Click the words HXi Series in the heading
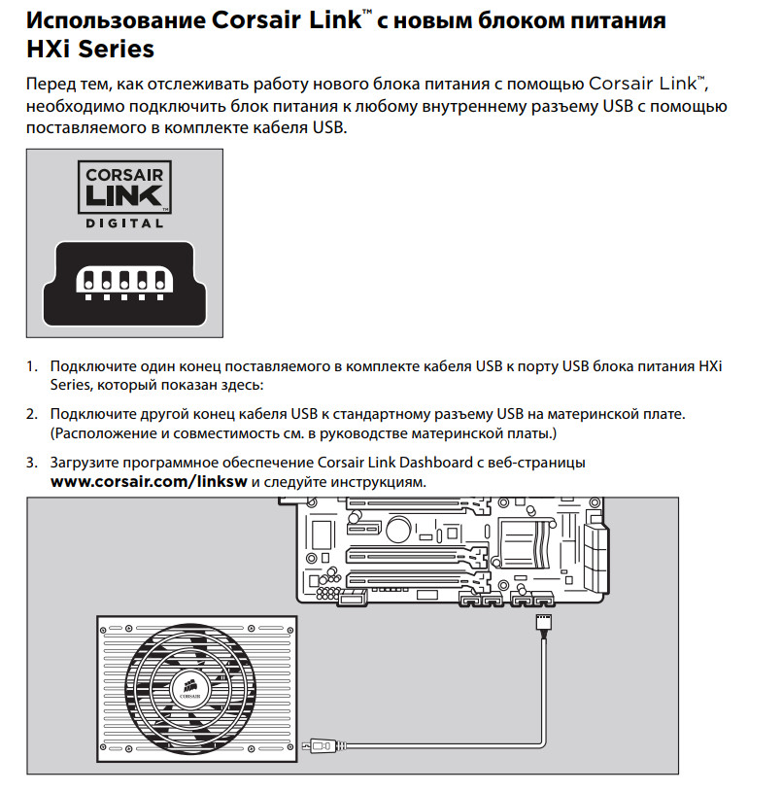pyautogui.click(x=90, y=49)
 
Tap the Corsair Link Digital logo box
pyautogui.click(x=124, y=187)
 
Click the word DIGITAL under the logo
pyautogui.click(x=124, y=224)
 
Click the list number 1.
pyautogui.click(x=32, y=366)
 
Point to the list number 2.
pyautogui.click(x=32, y=414)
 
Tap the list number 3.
pyautogui.click(x=32, y=463)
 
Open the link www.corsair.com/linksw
pyautogui.click(x=149, y=482)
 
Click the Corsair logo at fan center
pyautogui.click(x=189, y=688)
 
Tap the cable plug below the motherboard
pyautogui.click(x=544, y=622)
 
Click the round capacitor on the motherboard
pyautogui.click(x=398, y=529)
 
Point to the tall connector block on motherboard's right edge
pyautogui.click(x=595, y=558)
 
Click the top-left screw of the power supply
pyautogui.click(x=103, y=630)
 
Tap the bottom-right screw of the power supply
pyautogui.click(x=290, y=747)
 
